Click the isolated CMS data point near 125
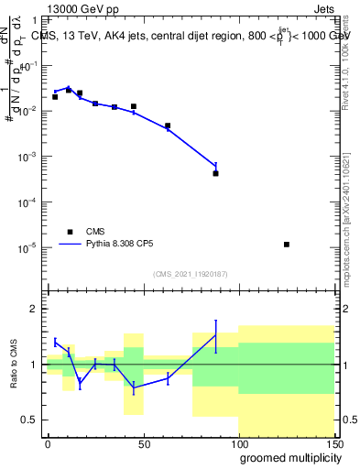point(287,245)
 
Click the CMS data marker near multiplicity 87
point(215,173)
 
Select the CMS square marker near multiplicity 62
point(168,126)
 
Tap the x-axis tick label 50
point(142,443)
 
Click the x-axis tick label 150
point(332,443)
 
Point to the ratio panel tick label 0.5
point(31,420)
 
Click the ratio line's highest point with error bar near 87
point(215,335)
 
